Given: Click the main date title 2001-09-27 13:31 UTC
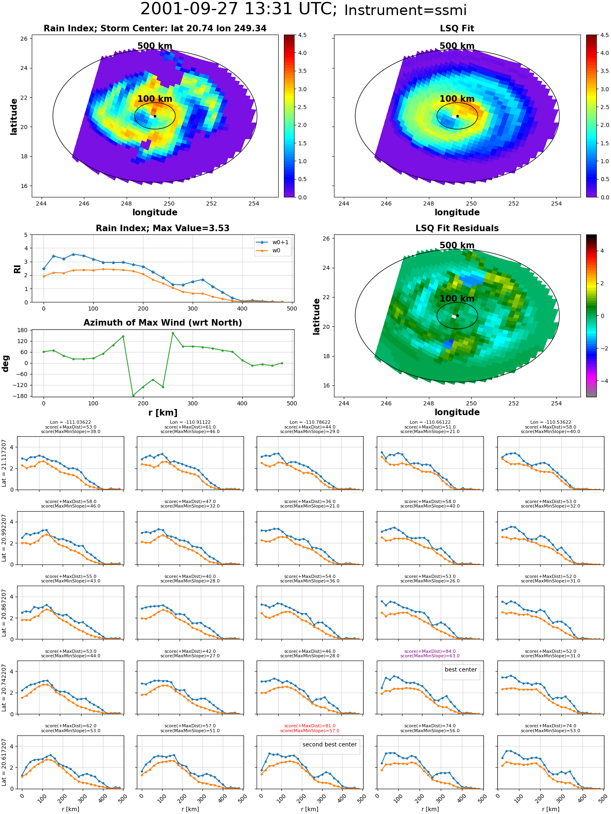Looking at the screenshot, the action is click(238, 9).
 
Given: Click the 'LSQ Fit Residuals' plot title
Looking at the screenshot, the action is click(457, 228).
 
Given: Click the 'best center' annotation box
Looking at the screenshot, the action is click(461, 670).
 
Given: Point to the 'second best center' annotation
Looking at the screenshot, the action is click(330, 744).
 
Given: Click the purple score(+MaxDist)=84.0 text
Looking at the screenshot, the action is click(430, 651).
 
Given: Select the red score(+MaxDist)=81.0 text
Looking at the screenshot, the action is click(310, 726).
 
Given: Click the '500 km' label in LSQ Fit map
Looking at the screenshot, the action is click(457, 46).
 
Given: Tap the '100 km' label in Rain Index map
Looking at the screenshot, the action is click(155, 99).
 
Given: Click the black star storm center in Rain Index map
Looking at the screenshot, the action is click(155, 116).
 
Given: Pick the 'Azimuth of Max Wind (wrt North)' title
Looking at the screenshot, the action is click(163, 323).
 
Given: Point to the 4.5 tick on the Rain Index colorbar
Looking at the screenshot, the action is click(302, 35).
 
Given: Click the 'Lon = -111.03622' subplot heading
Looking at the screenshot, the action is click(70, 422).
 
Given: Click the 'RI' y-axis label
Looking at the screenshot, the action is click(18, 269).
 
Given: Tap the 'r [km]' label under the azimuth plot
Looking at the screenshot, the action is click(163, 413).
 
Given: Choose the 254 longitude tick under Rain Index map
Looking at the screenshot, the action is click(254, 204).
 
